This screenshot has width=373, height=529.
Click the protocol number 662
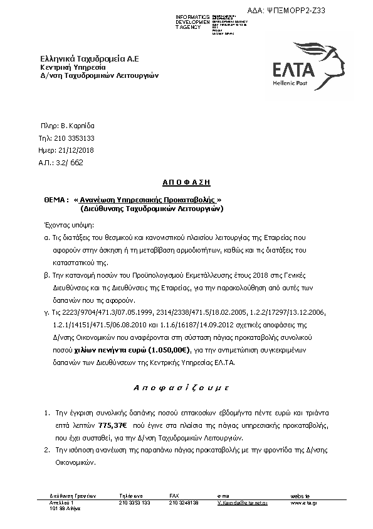[x=76, y=162]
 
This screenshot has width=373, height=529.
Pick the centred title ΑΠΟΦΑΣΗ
[x=186, y=182]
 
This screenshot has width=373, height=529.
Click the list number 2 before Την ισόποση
[x=46, y=450]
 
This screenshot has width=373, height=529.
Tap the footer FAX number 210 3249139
[x=184, y=503]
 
